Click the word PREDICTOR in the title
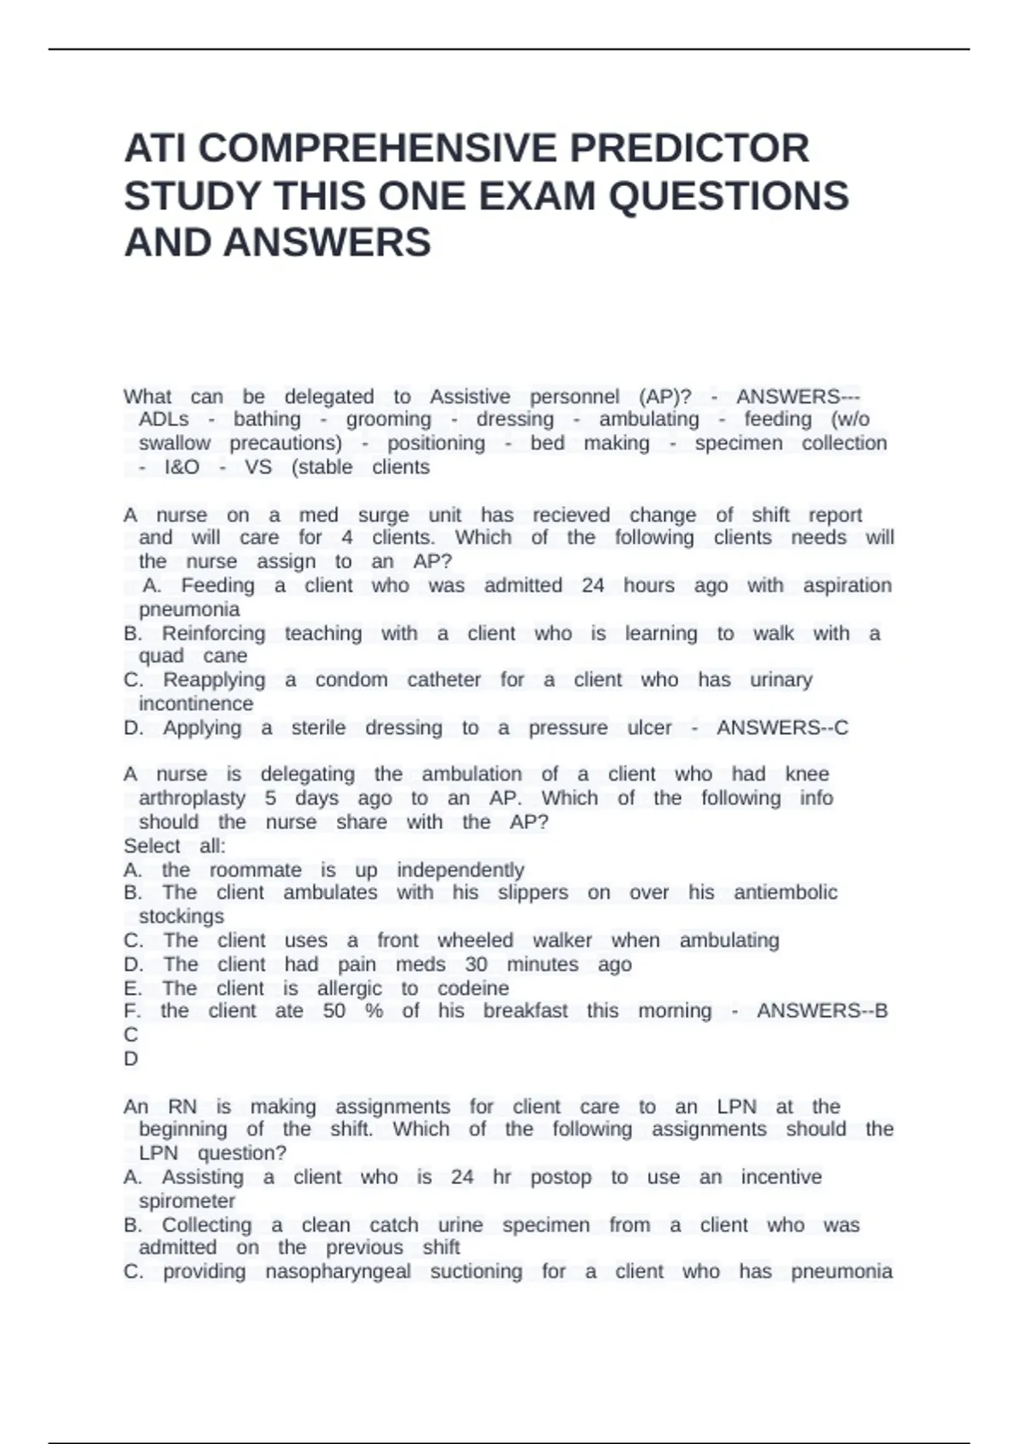[689, 149]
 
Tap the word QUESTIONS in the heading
[729, 196]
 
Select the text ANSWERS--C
[782, 728]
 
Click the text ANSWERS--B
[822, 1011]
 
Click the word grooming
[388, 420]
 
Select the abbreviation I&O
[182, 467]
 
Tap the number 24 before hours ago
[593, 585]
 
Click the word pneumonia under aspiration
[189, 610]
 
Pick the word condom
[352, 680]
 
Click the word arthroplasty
[192, 798]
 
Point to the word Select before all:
[152, 846]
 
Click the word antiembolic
[785, 893]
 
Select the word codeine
[473, 989]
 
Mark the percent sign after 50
[374, 1011]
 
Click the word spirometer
[187, 1201]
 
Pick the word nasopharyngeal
[338, 1272]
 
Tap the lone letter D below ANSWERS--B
[131, 1059]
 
